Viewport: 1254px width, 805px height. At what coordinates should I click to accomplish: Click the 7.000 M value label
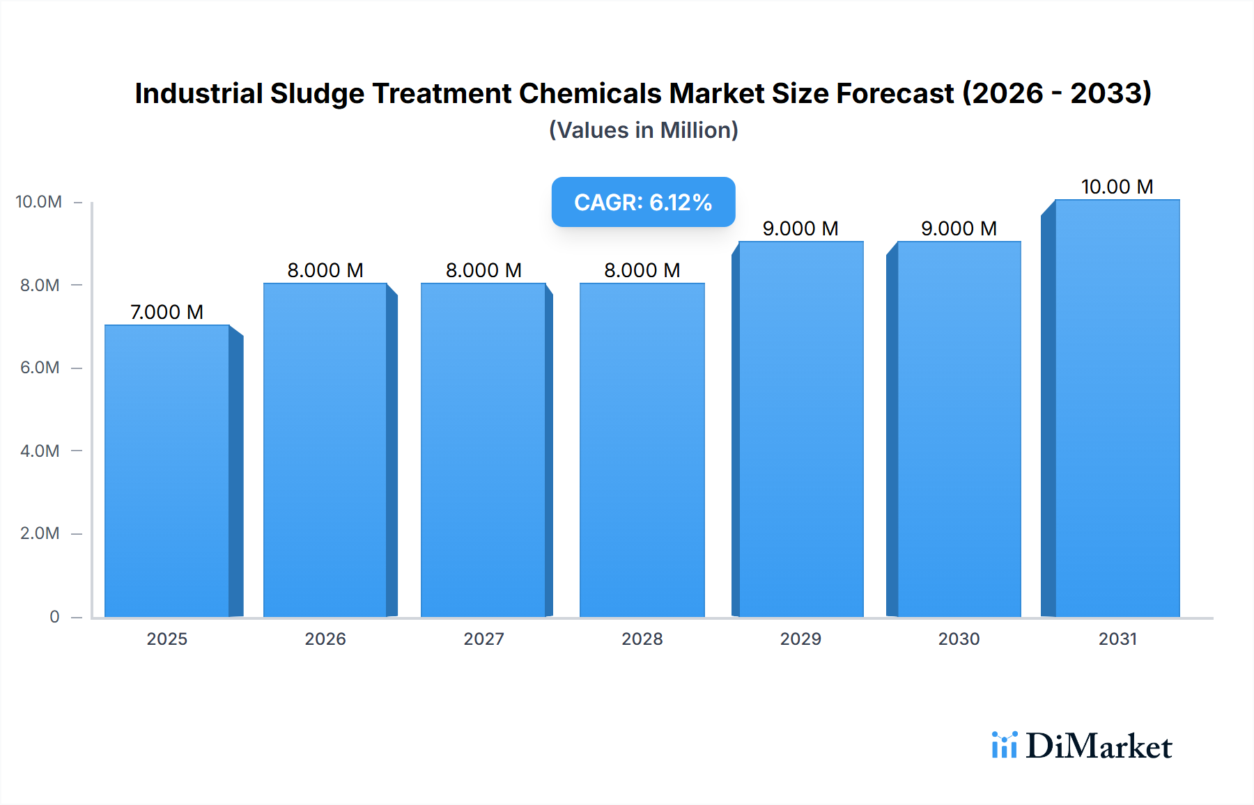[x=167, y=312]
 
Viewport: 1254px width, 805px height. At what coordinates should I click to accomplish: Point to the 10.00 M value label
[x=1117, y=187]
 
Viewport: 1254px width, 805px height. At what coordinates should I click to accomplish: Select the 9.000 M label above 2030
[x=959, y=228]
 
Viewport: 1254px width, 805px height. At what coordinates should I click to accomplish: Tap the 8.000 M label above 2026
[x=325, y=270]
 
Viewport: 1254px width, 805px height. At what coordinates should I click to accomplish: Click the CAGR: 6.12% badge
[x=643, y=202]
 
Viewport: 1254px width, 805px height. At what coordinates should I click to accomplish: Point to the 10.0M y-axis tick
[x=39, y=202]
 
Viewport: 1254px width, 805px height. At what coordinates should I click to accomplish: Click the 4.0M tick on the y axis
[x=40, y=451]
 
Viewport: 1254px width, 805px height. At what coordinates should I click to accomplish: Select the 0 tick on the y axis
[x=54, y=616]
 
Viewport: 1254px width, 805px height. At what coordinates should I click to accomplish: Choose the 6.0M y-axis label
[x=40, y=368]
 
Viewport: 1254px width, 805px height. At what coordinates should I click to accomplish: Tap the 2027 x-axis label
[x=483, y=639]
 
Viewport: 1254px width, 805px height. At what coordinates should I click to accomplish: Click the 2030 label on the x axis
[x=959, y=639]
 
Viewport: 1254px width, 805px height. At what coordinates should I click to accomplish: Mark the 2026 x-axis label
[x=325, y=639]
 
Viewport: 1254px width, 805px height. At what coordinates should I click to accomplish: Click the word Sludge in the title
[x=317, y=94]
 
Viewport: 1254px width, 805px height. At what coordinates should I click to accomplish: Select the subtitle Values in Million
[x=643, y=130]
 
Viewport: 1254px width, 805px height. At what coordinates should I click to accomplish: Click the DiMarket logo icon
[x=1004, y=745]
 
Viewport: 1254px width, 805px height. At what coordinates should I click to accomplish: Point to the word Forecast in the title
[x=895, y=94]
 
